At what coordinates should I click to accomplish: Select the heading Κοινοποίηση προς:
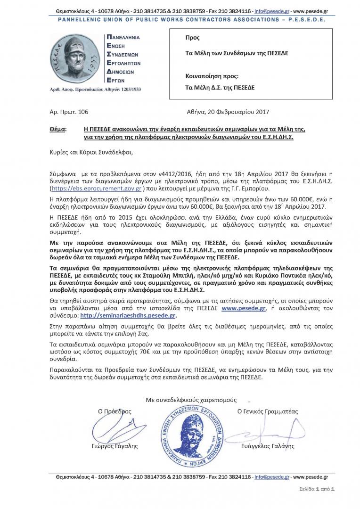tap(212, 75)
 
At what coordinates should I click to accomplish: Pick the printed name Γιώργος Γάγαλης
tap(115, 446)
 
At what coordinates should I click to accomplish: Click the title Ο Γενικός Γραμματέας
tap(267, 411)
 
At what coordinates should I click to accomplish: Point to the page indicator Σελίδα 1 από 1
tap(317, 489)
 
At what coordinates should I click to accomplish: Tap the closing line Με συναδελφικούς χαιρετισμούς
tap(191, 400)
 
